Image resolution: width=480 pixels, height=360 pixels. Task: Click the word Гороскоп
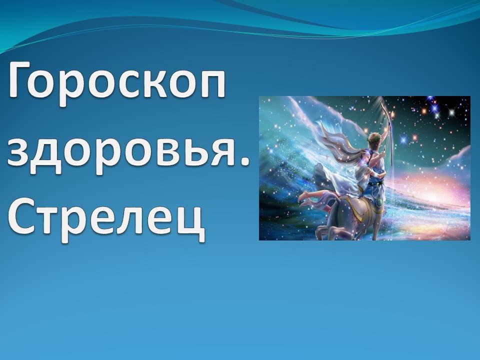(x=117, y=82)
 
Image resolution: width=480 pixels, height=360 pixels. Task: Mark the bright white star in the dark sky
(x=451, y=112)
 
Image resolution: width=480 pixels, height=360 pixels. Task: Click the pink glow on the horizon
(x=441, y=190)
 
